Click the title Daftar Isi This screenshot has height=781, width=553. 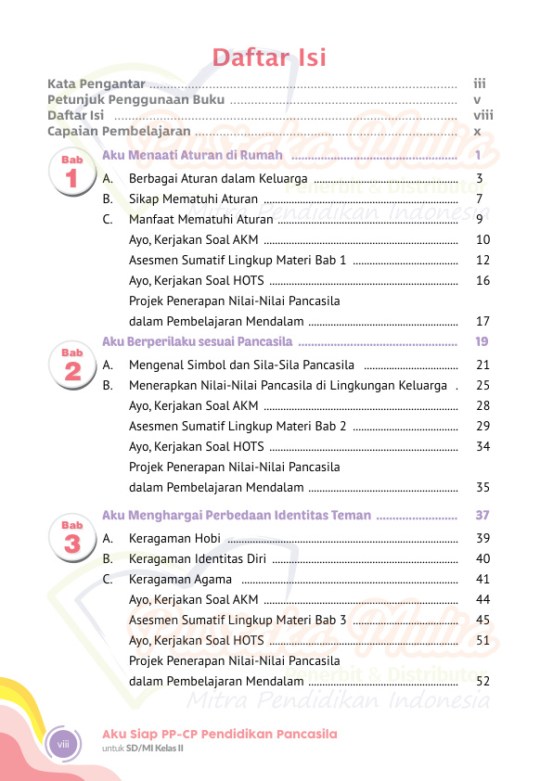(269, 58)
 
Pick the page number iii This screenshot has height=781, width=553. (480, 83)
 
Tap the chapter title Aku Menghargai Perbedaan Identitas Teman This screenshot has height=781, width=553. (237, 515)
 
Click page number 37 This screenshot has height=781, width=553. (482, 515)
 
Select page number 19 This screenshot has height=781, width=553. (482, 342)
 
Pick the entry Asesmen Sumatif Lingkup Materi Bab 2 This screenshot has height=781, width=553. (238, 426)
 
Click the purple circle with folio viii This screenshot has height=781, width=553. (64, 744)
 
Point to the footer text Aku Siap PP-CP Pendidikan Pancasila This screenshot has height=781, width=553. (219, 734)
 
